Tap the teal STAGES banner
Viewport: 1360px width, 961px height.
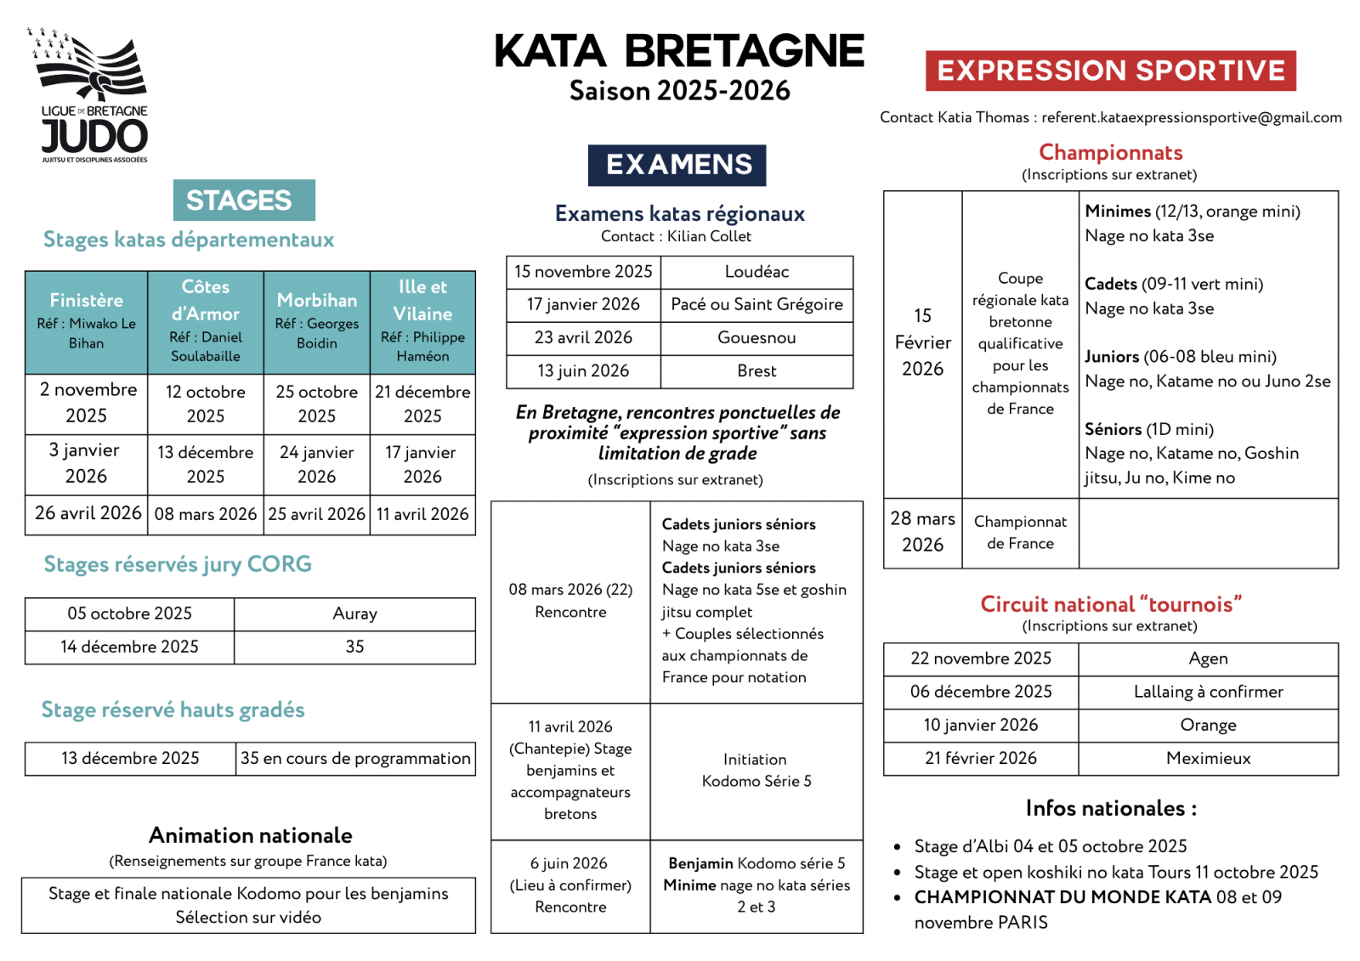tap(243, 201)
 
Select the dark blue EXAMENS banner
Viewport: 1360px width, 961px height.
tap(677, 165)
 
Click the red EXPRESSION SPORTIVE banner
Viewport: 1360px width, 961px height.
tap(1110, 71)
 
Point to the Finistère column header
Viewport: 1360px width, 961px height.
tap(87, 321)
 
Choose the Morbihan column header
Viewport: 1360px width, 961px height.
tap(317, 321)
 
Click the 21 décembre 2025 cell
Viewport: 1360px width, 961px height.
tap(422, 404)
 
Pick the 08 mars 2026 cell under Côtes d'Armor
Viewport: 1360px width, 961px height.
tap(206, 514)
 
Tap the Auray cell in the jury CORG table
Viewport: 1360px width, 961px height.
tap(354, 613)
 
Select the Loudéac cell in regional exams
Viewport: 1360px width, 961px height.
tap(756, 272)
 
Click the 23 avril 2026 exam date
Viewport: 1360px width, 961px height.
tap(583, 337)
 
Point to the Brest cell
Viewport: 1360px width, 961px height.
tap(756, 370)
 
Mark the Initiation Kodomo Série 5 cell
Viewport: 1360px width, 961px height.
tap(756, 770)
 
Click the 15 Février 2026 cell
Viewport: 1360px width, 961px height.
tap(922, 342)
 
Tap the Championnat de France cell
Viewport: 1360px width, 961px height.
tap(1020, 532)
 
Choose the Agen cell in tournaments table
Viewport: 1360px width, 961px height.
tap(1208, 659)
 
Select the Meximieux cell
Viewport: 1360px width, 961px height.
tap(1208, 758)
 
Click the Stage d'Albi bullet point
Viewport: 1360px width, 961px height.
tap(1050, 846)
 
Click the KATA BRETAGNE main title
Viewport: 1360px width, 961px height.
tap(679, 51)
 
